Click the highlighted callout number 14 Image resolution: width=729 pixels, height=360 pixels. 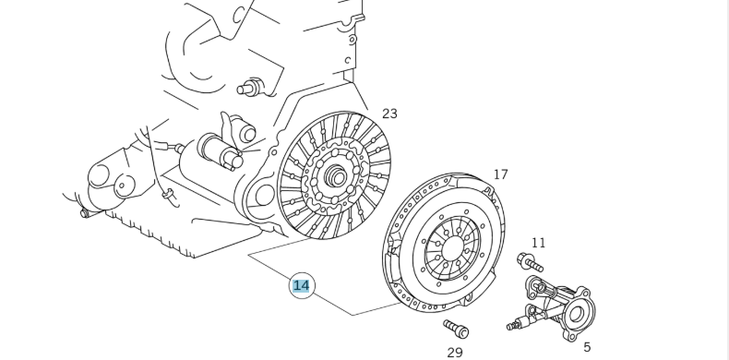click(x=301, y=285)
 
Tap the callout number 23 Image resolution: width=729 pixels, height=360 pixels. click(x=389, y=114)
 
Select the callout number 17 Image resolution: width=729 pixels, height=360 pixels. click(x=500, y=174)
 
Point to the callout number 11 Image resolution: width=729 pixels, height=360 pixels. click(x=538, y=243)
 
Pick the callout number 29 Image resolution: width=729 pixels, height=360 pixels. click(x=455, y=352)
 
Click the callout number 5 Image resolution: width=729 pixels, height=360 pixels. click(x=587, y=347)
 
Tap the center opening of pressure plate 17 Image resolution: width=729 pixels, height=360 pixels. click(x=452, y=247)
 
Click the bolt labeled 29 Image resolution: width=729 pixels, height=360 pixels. click(x=456, y=329)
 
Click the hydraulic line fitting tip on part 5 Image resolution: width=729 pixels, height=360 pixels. click(x=511, y=325)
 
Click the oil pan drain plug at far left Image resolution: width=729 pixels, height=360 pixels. click(x=85, y=213)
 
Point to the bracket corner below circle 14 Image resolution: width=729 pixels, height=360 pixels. click(x=353, y=315)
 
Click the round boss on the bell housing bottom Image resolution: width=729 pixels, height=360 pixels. click(x=255, y=195)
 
